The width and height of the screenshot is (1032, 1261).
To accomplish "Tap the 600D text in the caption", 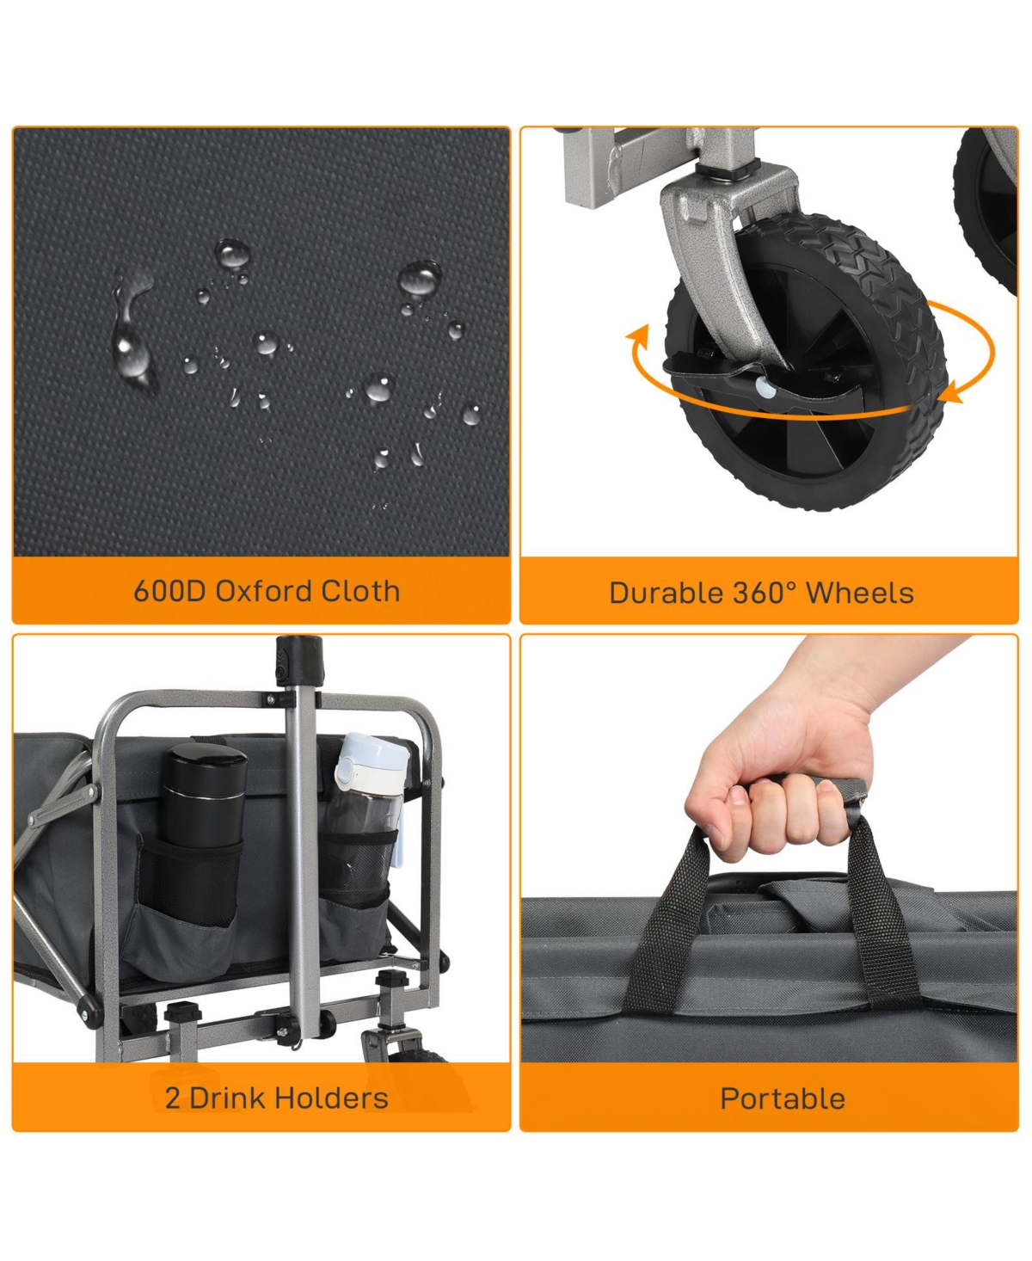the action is point(169,591).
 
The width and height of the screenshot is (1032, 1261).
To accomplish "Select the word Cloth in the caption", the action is point(360,591).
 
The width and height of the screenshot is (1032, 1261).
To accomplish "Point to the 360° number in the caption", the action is point(763,594).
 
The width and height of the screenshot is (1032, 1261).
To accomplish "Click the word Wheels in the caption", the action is point(860,594).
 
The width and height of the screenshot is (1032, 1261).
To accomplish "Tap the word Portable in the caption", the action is point(782,1099).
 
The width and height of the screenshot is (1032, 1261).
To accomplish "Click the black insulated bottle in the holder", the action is point(203,798).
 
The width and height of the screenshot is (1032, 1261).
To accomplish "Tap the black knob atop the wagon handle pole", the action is point(298,660).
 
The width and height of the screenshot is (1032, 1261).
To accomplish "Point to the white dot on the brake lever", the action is point(766,387).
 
